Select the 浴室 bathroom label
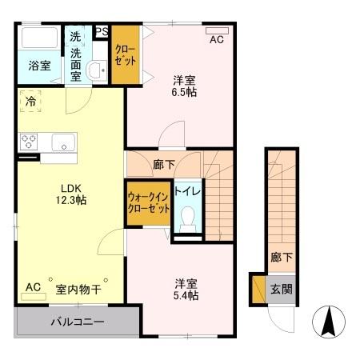tap(40, 66)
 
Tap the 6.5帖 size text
tap(185, 92)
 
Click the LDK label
tap(67, 189)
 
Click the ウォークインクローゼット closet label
tap(148, 202)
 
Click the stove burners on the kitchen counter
tap(30, 143)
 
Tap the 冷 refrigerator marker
tap(30, 102)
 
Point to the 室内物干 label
tap(78, 289)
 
